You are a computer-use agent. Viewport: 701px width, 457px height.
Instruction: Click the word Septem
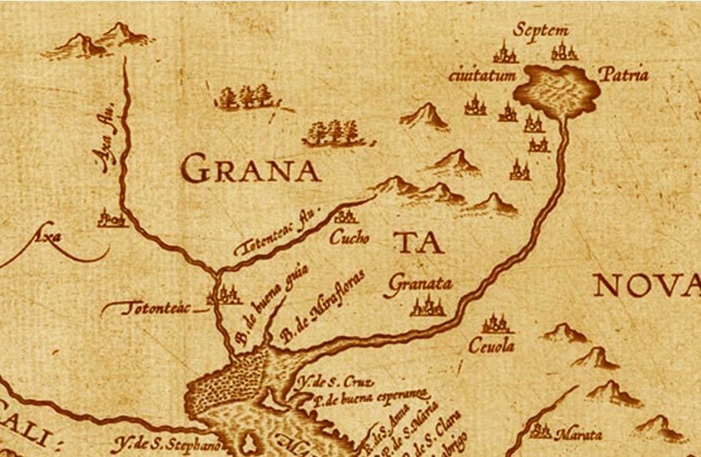pos(540,31)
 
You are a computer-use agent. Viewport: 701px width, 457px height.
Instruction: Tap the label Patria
pos(623,75)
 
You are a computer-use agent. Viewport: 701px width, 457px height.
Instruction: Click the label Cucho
pos(349,236)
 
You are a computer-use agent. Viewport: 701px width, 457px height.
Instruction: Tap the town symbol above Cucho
pos(344,217)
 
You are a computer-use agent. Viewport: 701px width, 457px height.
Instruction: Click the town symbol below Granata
pos(428,305)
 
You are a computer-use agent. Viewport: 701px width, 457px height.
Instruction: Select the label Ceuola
pos(491,345)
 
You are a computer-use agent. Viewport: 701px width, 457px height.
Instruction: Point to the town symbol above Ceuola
pos(495,323)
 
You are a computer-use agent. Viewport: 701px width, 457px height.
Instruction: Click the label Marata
pos(578,434)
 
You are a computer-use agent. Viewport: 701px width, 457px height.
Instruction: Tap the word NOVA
pos(644,286)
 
